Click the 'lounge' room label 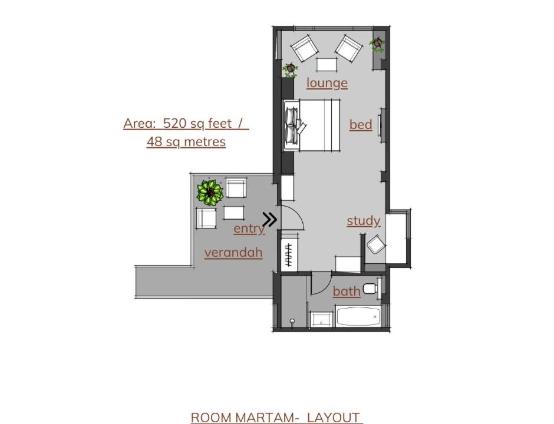pyautogui.click(x=327, y=83)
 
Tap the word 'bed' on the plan pyautogui.click(x=361, y=125)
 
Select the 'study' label pyautogui.click(x=363, y=221)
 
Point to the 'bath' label pyautogui.click(x=347, y=291)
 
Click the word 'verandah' pyautogui.click(x=233, y=253)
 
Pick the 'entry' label pyautogui.click(x=249, y=228)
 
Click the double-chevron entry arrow pyautogui.click(x=270, y=220)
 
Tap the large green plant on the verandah pyautogui.click(x=210, y=193)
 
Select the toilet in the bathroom pyautogui.click(x=371, y=289)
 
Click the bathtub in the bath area pyautogui.click(x=358, y=316)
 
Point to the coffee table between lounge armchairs pyautogui.click(x=327, y=65)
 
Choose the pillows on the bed pyautogui.click(x=292, y=125)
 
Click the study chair pyautogui.click(x=376, y=244)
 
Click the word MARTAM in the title pyautogui.click(x=264, y=418)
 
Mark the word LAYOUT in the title pyautogui.click(x=334, y=418)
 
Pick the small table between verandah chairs pyautogui.click(x=234, y=213)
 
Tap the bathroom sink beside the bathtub pyautogui.click(x=321, y=320)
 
